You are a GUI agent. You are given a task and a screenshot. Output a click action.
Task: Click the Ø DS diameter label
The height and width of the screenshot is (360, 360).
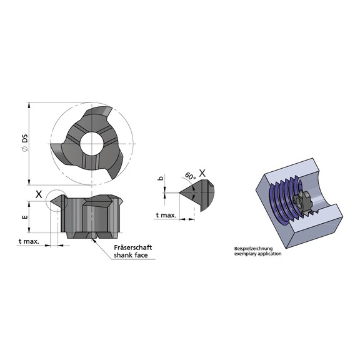point(25,142)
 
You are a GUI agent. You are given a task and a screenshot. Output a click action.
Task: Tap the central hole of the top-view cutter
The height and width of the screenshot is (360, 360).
point(91,143)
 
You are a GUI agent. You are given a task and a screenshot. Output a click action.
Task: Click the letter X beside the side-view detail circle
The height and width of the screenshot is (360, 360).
point(39,194)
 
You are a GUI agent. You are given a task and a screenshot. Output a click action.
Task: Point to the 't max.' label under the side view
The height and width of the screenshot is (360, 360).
point(29,241)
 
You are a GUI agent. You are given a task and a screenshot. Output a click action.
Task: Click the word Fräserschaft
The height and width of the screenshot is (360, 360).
point(133,247)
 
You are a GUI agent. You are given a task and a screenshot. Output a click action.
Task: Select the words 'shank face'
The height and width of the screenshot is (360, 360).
point(131,255)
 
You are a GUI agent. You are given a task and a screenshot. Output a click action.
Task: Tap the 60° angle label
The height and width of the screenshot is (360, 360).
point(191,176)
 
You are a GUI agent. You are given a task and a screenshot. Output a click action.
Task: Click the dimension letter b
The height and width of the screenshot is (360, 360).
point(161,178)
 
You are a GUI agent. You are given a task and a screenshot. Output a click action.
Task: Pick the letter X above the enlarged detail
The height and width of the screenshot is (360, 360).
point(202,173)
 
